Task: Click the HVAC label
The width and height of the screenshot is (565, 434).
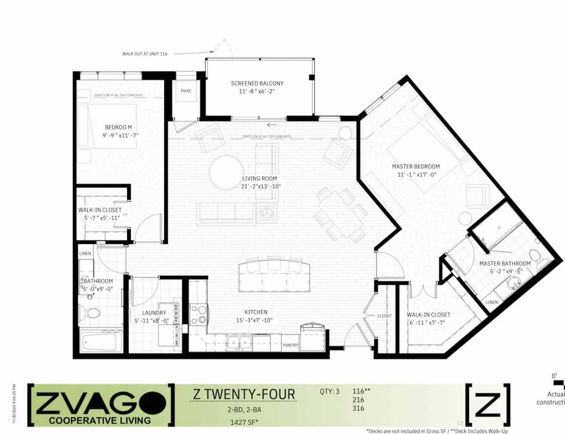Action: (186, 91)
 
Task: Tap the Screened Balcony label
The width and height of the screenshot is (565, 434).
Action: (257, 83)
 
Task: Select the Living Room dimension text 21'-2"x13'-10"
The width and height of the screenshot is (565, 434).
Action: (261, 186)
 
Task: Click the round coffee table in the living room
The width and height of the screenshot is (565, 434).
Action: (226, 173)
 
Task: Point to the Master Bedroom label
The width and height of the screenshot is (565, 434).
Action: (416, 166)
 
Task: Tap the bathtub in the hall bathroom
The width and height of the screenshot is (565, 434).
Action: (99, 341)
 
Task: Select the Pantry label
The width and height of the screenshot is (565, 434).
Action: (290, 345)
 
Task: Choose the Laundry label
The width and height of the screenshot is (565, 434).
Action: (154, 313)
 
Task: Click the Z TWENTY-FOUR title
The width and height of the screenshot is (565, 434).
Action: (244, 393)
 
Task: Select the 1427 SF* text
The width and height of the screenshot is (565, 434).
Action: (244, 422)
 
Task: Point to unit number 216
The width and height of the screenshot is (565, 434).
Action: (358, 400)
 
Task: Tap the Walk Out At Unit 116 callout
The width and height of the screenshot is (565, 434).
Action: (145, 54)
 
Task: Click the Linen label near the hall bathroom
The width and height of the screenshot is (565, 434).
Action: (85, 254)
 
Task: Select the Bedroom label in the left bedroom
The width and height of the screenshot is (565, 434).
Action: (118, 127)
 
